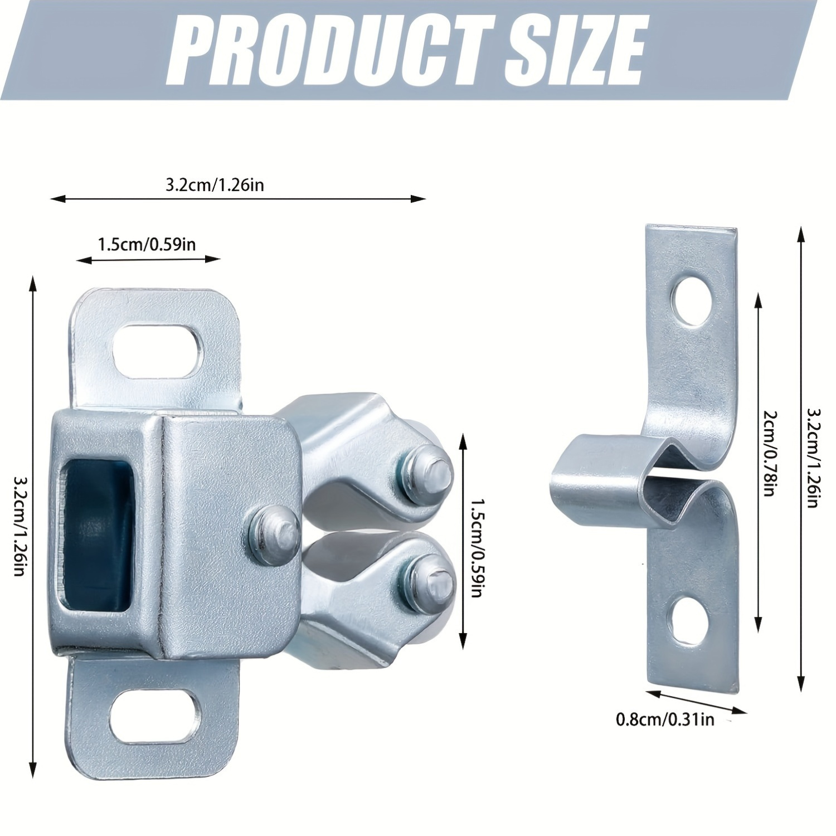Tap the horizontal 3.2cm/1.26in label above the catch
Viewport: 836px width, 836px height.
tap(215, 184)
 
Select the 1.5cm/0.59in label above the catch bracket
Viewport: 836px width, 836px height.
tap(147, 244)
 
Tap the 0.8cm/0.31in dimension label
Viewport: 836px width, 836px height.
tap(665, 720)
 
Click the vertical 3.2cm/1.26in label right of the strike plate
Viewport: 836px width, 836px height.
tap(813, 458)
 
